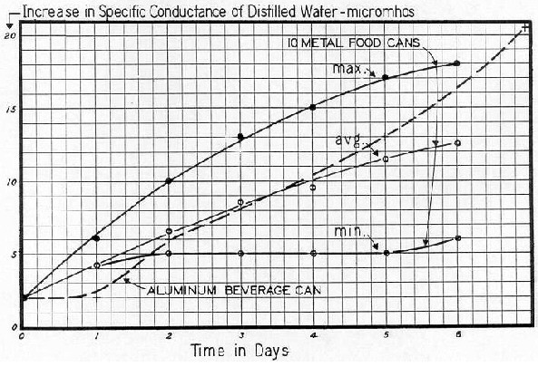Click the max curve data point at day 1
(95, 237)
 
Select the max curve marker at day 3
(240, 137)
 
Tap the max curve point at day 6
(456, 63)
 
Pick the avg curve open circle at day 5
(385, 159)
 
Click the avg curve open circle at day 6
(457, 143)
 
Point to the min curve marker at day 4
(313, 253)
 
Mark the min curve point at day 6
(457, 238)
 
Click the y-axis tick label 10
(10, 180)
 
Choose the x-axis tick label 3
(240, 335)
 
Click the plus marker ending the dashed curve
(526, 29)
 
